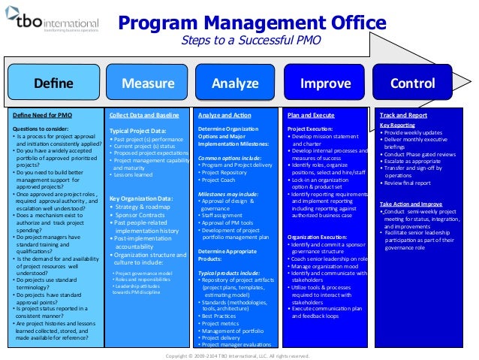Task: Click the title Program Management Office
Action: (x=255, y=23)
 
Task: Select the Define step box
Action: (x=52, y=83)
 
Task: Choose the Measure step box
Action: (x=143, y=83)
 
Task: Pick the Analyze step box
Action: (x=235, y=83)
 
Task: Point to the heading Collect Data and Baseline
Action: (x=144, y=116)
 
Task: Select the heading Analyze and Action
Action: (x=224, y=116)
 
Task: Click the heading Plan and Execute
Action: (x=311, y=116)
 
